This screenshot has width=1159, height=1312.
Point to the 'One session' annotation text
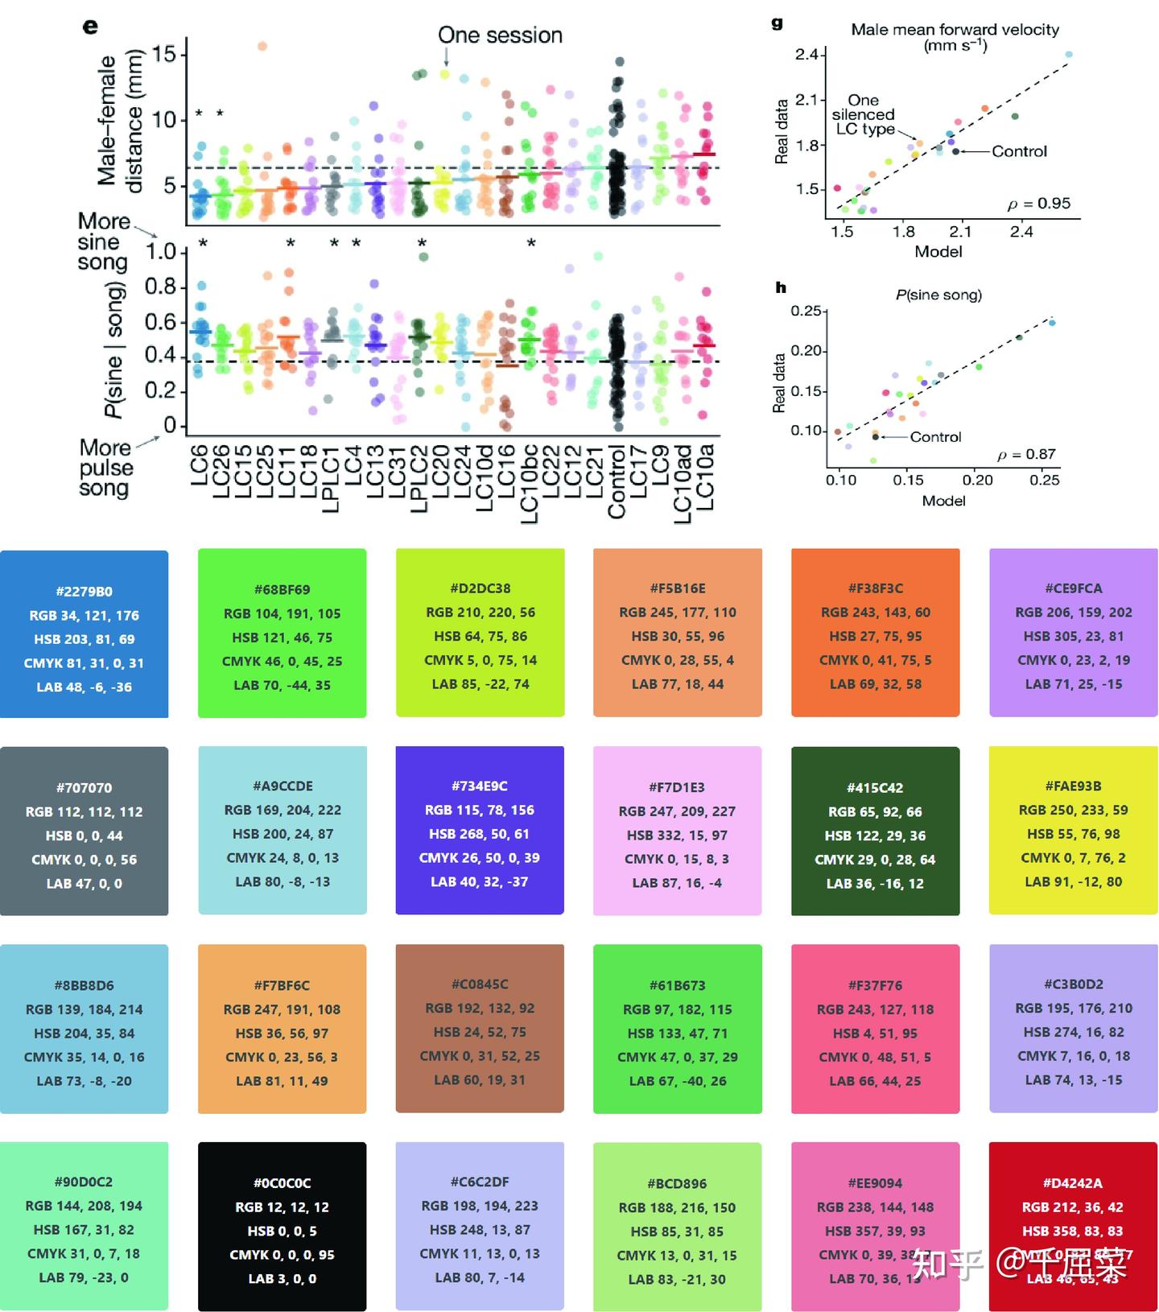tap(500, 35)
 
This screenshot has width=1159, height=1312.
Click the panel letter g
tap(777, 23)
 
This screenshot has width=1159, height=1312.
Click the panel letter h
tap(780, 287)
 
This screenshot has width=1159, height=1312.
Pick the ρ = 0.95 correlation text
tap(1039, 204)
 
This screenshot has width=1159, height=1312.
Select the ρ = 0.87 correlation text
tap(1026, 455)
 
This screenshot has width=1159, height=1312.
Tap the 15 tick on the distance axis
tap(163, 54)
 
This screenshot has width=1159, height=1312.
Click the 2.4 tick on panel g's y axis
tap(806, 55)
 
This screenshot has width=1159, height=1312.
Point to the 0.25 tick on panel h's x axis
tap(1044, 481)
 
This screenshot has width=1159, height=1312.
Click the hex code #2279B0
tap(84, 592)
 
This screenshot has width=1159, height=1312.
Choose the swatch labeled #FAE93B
tap(1073, 830)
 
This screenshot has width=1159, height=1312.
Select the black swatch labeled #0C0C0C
tap(282, 1226)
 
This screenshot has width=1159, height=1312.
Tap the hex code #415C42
tap(875, 788)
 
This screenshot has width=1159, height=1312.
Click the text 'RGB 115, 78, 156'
tap(480, 811)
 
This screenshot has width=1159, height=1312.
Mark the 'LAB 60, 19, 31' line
tap(480, 1079)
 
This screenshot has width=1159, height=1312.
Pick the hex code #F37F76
tap(875, 985)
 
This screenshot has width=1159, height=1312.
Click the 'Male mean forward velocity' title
tap(955, 30)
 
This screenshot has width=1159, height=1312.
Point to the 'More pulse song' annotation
tap(105, 468)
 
